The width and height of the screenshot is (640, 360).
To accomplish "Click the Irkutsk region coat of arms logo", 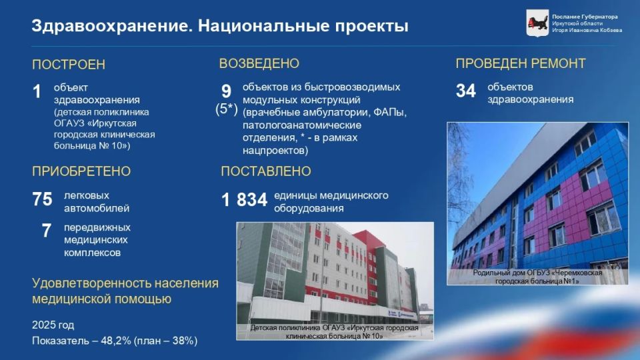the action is pyautogui.click(x=537, y=23).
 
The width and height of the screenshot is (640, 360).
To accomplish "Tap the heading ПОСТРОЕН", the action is pyautogui.click(x=69, y=65).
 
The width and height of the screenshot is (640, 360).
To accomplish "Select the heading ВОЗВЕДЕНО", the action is pyautogui.click(x=259, y=64).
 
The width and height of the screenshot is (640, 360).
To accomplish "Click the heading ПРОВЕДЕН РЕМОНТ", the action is pyautogui.click(x=521, y=64).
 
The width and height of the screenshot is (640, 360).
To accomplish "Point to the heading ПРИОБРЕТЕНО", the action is pyautogui.click(x=81, y=171).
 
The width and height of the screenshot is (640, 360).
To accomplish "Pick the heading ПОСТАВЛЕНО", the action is pyautogui.click(x=266, y=171).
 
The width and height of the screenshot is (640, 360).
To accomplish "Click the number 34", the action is pyautogui.click(x=466, y=91).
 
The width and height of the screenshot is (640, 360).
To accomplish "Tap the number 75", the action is pyautogui.click(x=43, y=199).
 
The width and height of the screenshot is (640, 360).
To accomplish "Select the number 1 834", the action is pyautogui.click(x=244, y=200).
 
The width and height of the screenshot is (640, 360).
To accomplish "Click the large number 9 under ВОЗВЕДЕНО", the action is pyautogui.click(x=226, y=91).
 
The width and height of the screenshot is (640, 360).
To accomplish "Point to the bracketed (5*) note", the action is pyautogui.click(x=227, y=109).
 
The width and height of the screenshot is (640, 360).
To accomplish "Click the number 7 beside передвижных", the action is pyautogui.click(x=47, y=231).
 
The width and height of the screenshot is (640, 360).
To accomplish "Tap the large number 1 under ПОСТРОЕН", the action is pyautogui.click(x=37, y=91).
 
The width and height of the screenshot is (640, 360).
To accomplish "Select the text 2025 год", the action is pyautogui.click(x=53, y=325).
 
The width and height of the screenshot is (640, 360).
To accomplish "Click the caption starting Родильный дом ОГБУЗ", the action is pyautogui.click(x=537, y=277).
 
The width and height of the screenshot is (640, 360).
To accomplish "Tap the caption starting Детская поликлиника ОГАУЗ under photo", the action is pyautogui.click(x=334, y=332).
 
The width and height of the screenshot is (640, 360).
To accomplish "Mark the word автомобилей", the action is pyautogui.click(x=97, y=208).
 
